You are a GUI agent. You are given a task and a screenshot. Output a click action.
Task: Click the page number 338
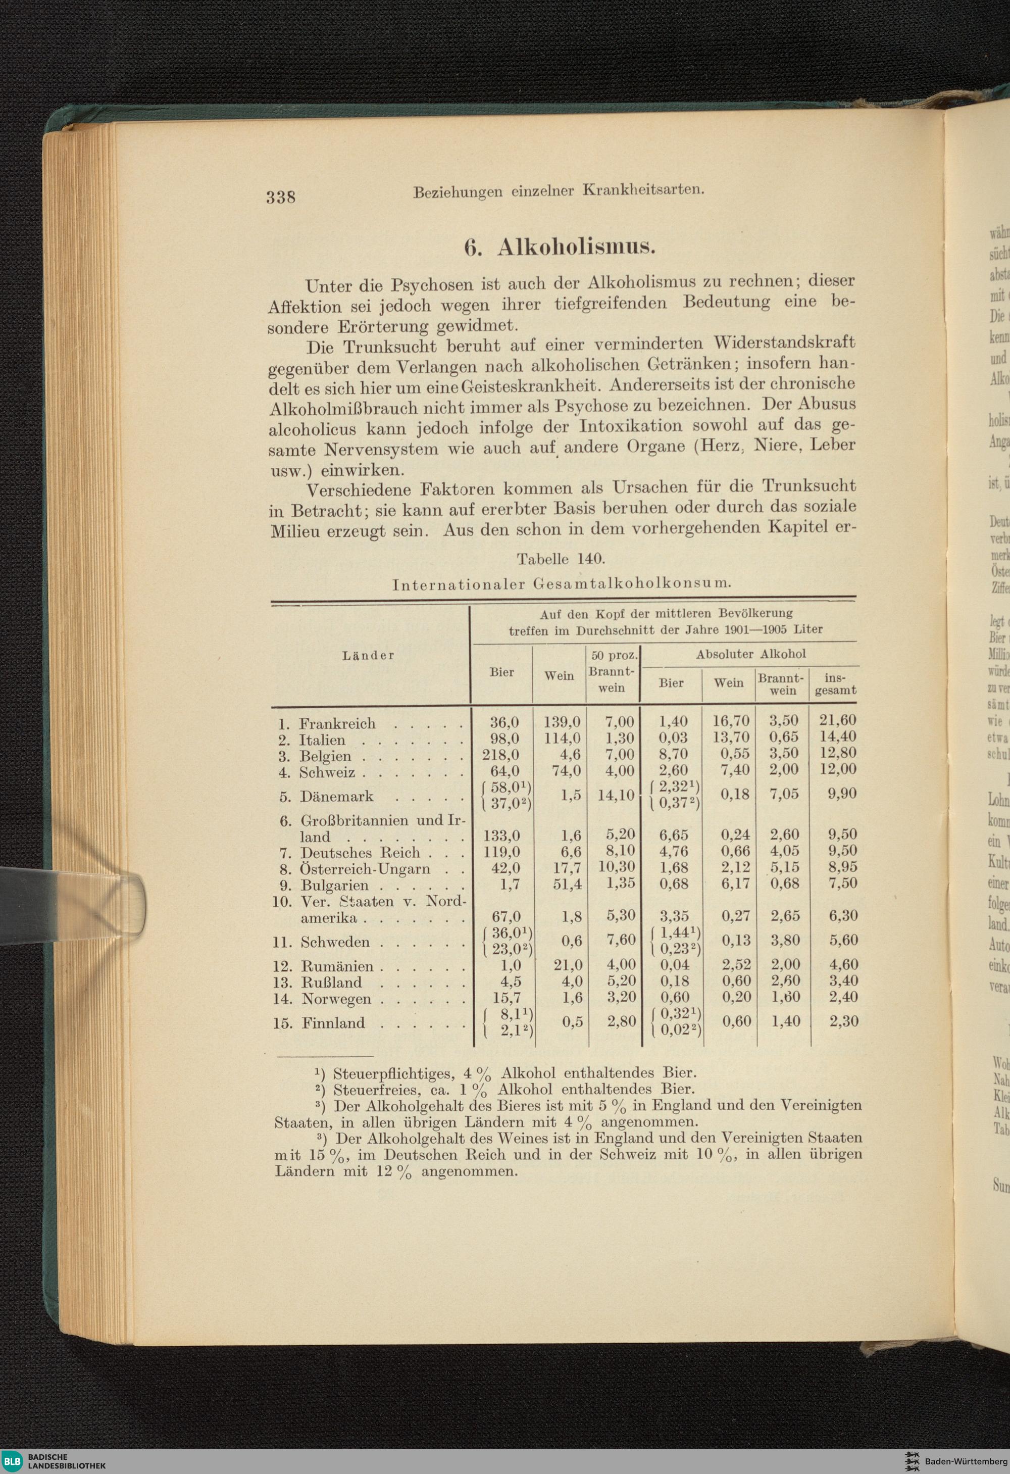point(280,196)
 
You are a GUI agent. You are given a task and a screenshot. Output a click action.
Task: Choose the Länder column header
point(368,656)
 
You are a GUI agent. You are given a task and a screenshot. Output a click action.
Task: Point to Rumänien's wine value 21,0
point(568,965)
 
